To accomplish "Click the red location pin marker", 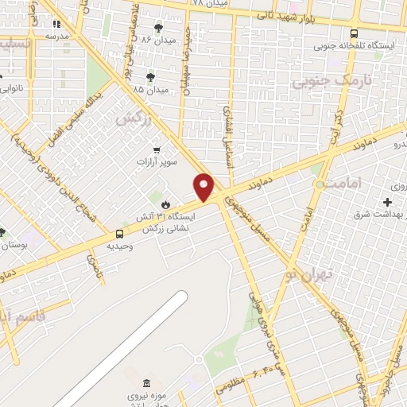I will click(x=204, y=187).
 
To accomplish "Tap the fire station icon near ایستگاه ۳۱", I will click(x=165, y=205).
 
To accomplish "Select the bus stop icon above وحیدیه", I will click(x=119, y=234).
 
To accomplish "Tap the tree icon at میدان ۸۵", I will click(x=150, y=77).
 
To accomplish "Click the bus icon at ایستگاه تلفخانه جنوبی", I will click(x=354, y=33).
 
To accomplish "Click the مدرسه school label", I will click(x=56, y=36).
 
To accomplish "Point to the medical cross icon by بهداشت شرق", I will click(x=387, y=203).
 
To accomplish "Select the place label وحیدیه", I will click(x=120, y=246).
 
